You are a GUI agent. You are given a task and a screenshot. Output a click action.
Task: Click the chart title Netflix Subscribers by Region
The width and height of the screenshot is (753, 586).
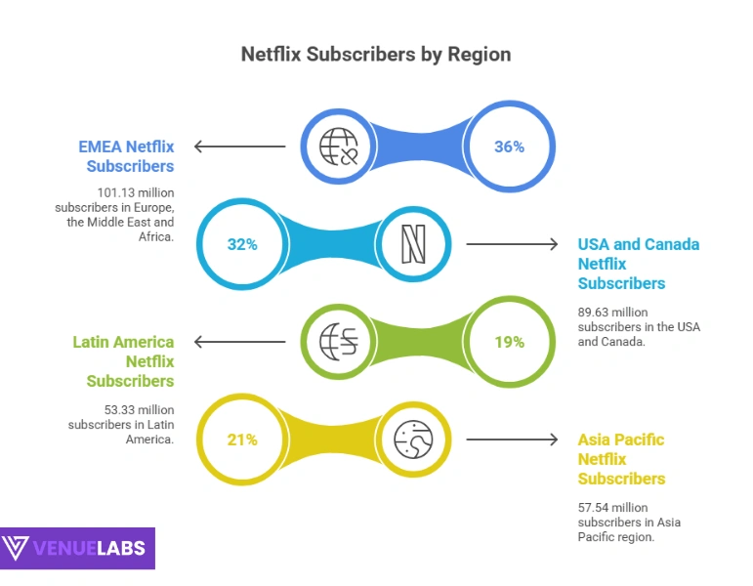pos(376,54)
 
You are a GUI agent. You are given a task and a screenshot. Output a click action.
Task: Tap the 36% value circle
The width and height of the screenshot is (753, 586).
pos(509,146)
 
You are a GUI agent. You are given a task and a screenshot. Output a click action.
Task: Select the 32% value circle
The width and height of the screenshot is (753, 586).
pos(242,244)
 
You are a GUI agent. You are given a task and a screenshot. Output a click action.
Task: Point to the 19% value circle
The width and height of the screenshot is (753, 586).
pos(509,342)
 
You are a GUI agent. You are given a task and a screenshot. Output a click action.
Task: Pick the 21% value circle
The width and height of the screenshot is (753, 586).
pos(242,439)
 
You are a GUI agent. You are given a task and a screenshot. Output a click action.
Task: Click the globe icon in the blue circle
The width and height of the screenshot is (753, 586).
pos(340,146)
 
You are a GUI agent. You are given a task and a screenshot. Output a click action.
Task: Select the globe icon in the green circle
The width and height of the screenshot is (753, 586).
pos(340,342)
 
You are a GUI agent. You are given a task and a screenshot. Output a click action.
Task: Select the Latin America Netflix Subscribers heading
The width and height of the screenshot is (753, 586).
pos(124,361)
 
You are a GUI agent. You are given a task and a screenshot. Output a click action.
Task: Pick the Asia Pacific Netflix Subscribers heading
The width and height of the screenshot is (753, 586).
pos(621,459)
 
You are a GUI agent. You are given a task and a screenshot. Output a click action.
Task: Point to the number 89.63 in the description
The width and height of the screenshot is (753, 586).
pos(597,312)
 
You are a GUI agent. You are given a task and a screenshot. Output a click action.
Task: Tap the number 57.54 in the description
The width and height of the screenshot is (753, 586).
pos(597,507)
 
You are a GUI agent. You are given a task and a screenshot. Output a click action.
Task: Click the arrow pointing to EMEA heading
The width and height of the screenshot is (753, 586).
pos(240,146)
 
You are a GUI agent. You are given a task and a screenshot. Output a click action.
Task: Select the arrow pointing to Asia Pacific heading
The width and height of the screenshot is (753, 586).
pos(512,439)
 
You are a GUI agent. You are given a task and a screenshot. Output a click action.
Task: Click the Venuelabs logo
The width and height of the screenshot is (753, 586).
pos(77,548)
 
